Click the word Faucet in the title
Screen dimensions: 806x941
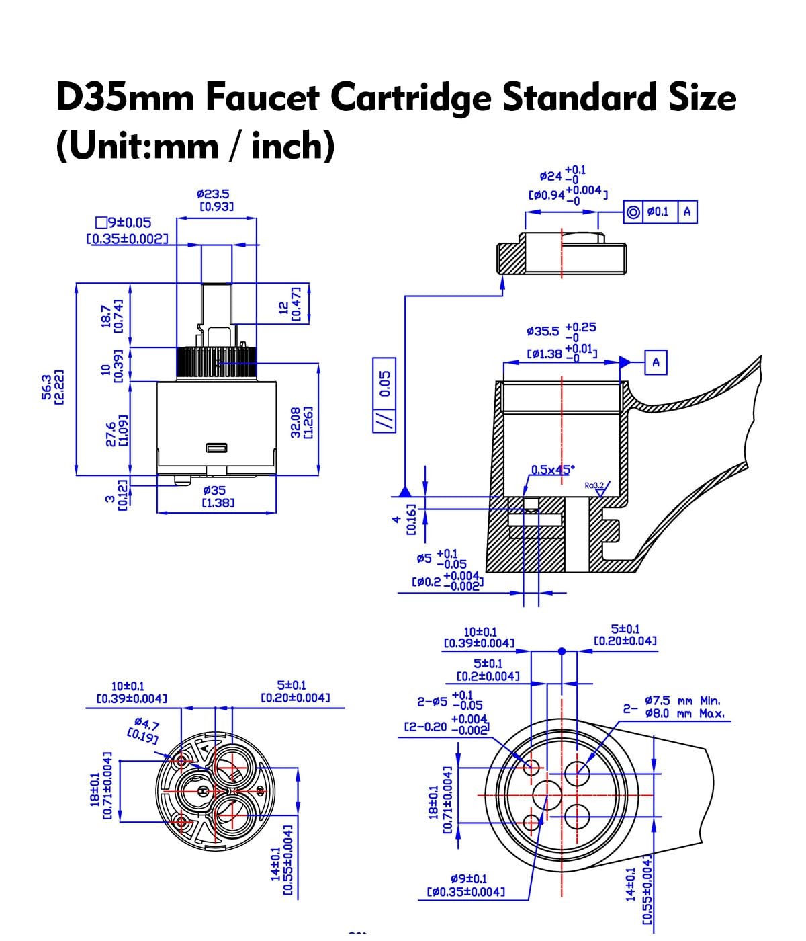(263, 97)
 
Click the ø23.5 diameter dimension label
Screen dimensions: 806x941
(213, 194)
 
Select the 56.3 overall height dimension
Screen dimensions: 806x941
(47, 387)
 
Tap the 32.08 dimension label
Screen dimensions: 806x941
(296, 423)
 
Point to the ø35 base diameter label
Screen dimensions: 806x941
(214, 490)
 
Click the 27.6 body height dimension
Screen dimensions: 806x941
(111, 434)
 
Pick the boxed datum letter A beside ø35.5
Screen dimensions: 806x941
(656, 362)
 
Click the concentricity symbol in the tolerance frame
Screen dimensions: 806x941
(633, 212)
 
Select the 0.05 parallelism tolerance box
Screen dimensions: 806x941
(384, 395)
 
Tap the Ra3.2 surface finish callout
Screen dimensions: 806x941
(594, 485)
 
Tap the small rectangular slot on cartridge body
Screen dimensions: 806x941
(216, 448)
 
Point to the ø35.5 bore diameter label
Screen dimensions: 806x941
(542, 331)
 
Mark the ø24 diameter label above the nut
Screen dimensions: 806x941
(551, 175)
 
